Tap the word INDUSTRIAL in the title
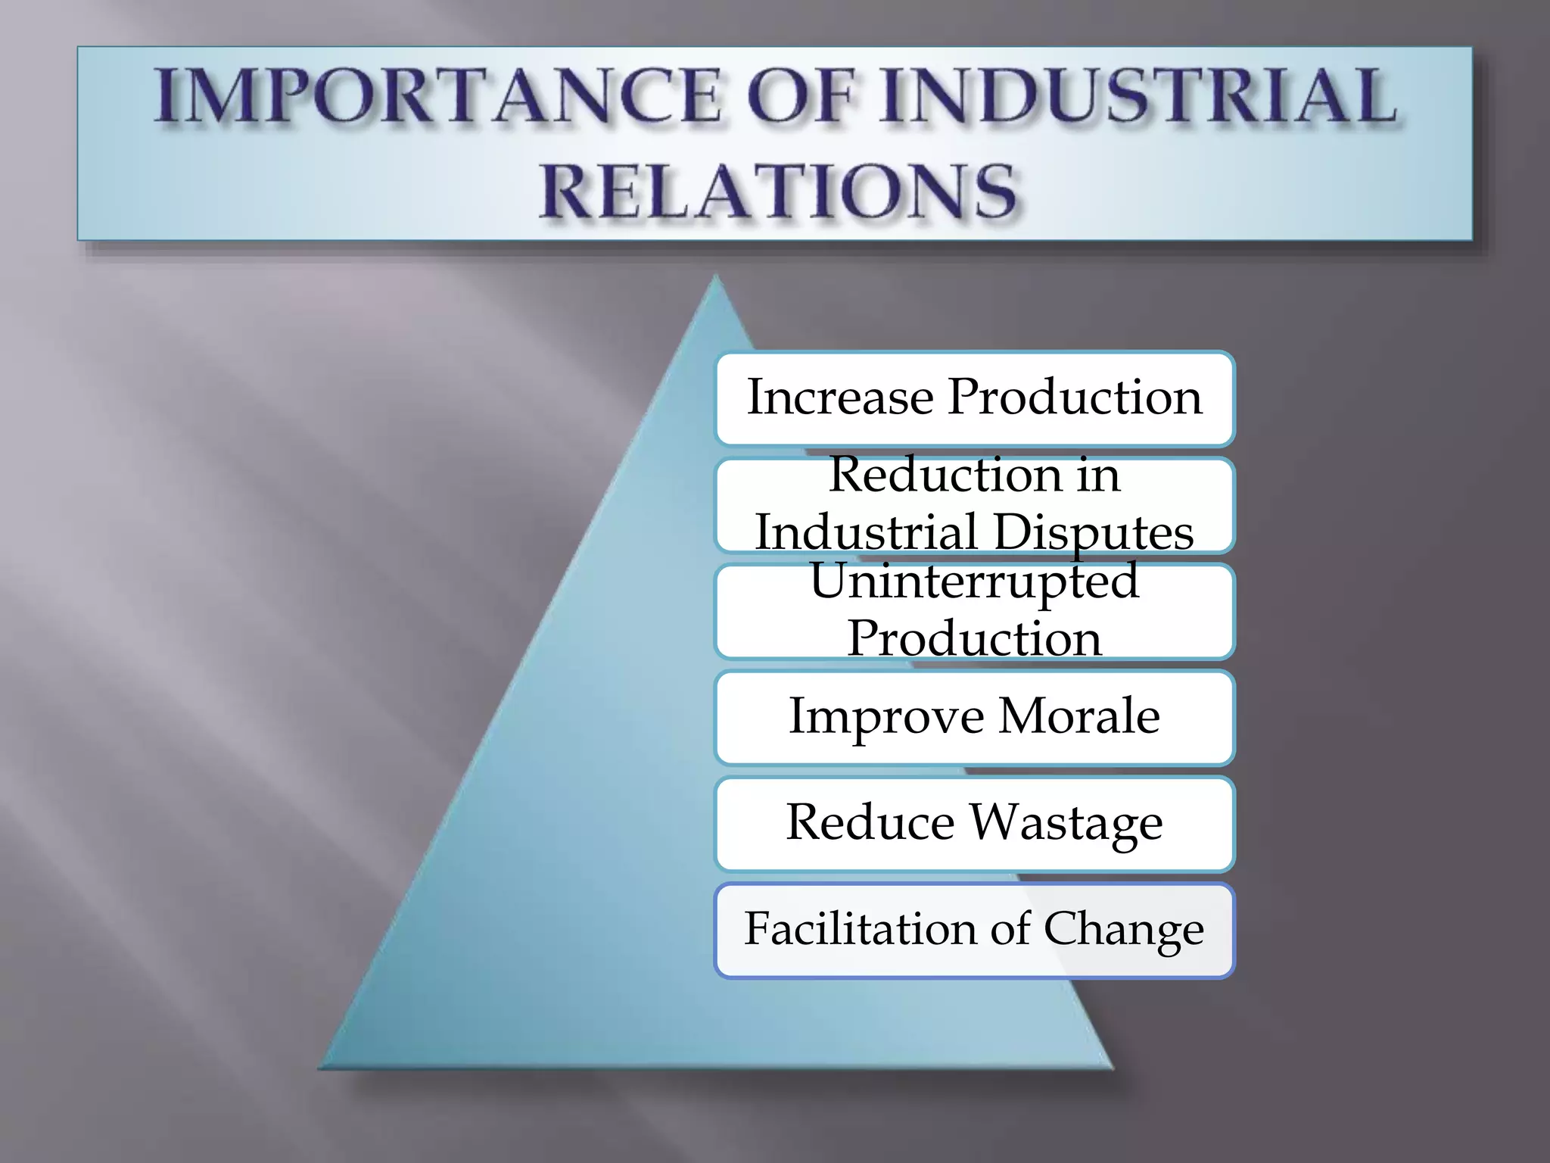1135,96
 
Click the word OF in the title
807,96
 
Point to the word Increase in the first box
840,397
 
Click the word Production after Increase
1075,397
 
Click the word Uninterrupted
974,581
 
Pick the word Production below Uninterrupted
974,638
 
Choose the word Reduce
870,822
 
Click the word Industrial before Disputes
866,532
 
